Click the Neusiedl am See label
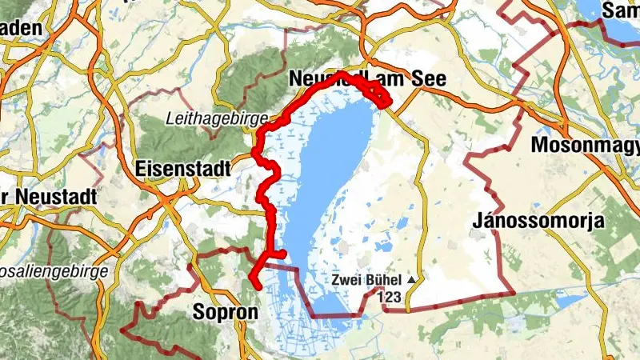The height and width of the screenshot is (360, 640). (366, 78)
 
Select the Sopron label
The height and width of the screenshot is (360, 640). (226, 312)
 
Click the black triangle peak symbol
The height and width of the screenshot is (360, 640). (411, 281)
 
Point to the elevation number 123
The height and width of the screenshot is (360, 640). (389, 298)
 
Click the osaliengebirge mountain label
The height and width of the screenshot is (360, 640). (54, 271)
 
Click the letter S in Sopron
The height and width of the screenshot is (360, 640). (200, 312)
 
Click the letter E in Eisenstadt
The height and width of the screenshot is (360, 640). (142, 169)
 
